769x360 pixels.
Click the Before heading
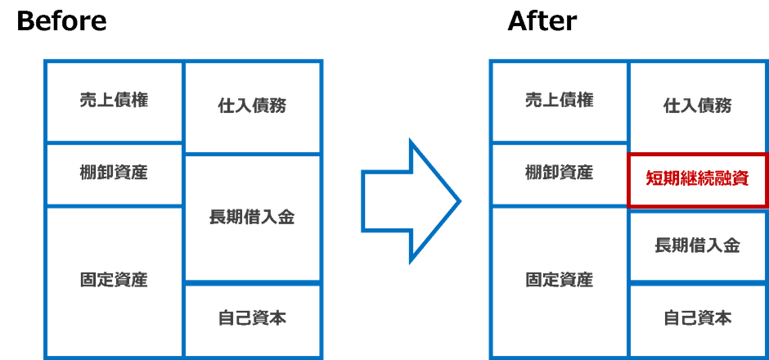pos(61,21)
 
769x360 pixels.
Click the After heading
pos(542,21)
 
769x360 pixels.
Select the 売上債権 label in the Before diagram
pos(114,100)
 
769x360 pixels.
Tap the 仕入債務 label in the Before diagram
pos(252,106)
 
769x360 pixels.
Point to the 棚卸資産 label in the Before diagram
pos(114,173)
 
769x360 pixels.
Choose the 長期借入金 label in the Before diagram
pos(252,217)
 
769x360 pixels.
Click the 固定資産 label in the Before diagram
pos(114,280)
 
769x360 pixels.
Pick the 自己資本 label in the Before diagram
pos(252,318)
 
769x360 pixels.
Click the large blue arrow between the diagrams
pos(411,201)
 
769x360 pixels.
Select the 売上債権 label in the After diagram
pos(559,100)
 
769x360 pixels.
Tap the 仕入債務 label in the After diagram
pos(697,106)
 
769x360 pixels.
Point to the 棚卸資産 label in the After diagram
pos(559,173)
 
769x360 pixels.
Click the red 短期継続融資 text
pos(697,179)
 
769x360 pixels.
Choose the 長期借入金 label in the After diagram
pos(697,245)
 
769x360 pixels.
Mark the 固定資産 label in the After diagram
pos(559,280)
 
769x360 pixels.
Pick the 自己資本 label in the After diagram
pos(697,318)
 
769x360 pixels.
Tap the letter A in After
pos(518,21)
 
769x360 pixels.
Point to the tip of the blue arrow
pos(460,201)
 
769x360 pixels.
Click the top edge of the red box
pos(697,155)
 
